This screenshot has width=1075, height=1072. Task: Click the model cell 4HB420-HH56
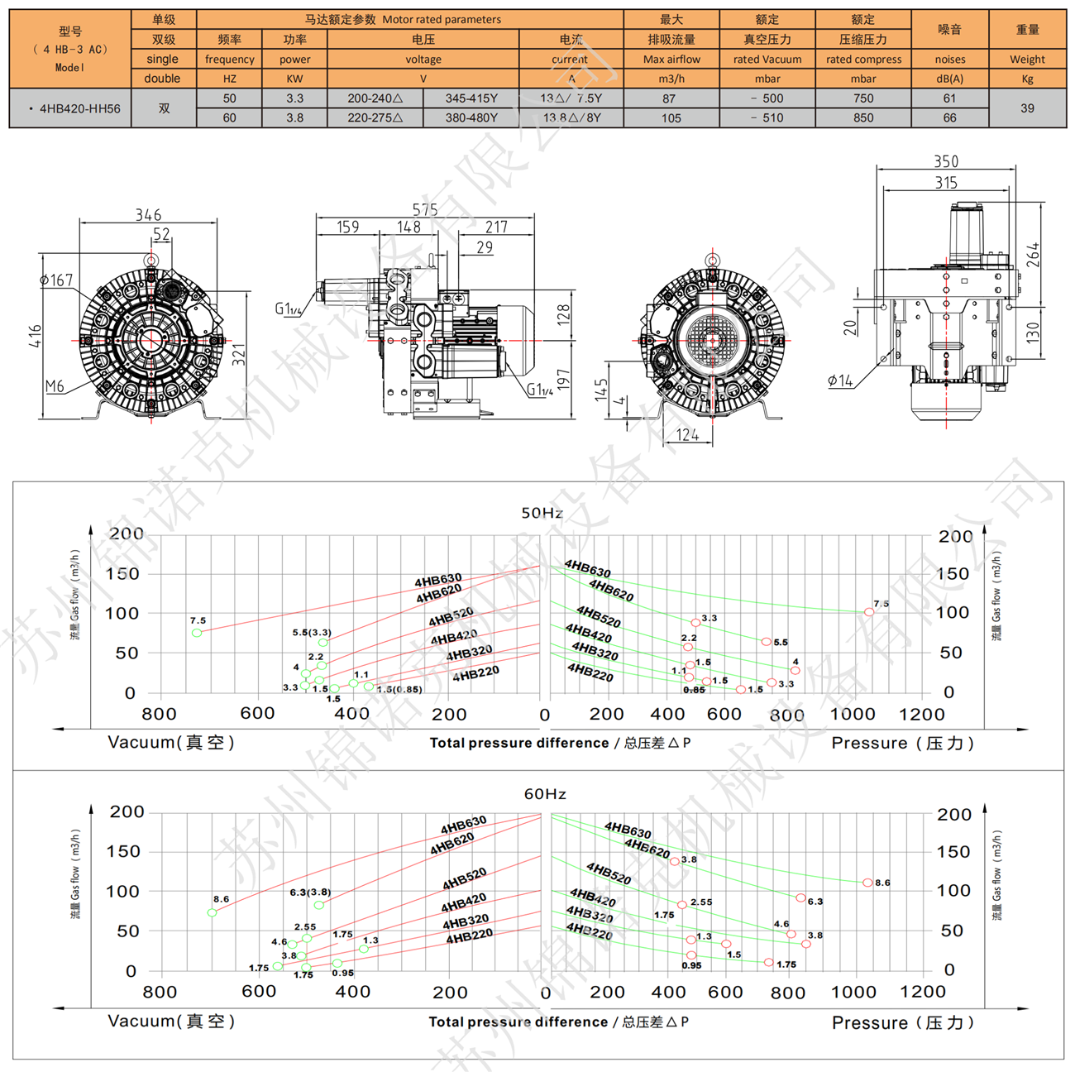(x=79, y=108)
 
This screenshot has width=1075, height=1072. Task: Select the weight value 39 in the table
(x=1027, y=108)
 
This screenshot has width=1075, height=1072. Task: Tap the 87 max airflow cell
(x=671, y=98)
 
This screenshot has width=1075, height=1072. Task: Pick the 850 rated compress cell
(x=863, y=118)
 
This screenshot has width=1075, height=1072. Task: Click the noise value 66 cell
(x=949, y=118)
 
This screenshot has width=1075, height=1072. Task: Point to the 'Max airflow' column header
(x=671, y=60)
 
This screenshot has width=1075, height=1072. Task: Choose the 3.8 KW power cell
(x=294, y=118)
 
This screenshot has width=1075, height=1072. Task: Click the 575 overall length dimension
(x=425, y=210)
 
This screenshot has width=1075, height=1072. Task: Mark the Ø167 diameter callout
(x=56, y=281)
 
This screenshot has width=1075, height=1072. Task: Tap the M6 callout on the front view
(x=55, y=386)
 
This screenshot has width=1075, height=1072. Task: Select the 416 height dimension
(x=35, y=336)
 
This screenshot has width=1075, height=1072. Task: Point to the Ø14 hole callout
(x=840, y=380)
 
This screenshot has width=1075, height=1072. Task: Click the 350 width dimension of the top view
(x=946, y=162)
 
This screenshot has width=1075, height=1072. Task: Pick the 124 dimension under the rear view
(x=687, y=435)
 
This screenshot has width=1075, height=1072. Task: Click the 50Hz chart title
(x=542, y=513)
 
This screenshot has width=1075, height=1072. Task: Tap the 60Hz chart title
(x=545, y=794)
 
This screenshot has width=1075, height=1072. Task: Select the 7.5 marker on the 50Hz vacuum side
(x=197, y=633)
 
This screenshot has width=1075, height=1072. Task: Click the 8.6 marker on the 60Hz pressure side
(x=867, y=883)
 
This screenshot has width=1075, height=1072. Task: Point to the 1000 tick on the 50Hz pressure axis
(x=853, y=715)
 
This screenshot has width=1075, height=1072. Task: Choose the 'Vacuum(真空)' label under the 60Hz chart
(x=171, y=1022)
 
